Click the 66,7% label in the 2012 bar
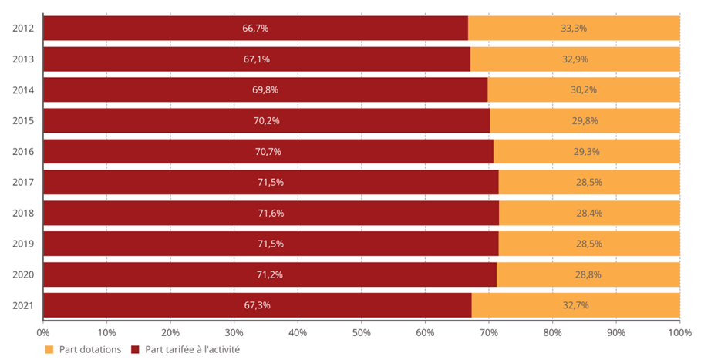pos(255,29)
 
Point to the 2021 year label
pos(23,305)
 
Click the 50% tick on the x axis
pos(362,333)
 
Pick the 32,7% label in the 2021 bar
pos(575,305)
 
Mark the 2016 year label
pos(23,152)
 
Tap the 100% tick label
pos(679,333)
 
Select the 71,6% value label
pos(271,214)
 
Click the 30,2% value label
pos(583,90)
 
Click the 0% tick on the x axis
pos(43,333)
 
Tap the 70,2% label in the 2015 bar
pos(266,121)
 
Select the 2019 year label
pos(23,244)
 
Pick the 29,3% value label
pos(587,152)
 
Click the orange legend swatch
pos(49,349)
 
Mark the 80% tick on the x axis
pos(552,333)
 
